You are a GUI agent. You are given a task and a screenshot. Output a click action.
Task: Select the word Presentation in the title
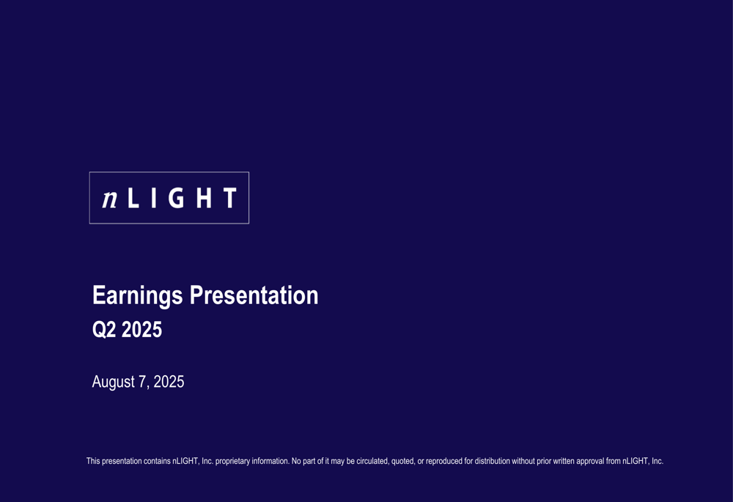tap(254, 295)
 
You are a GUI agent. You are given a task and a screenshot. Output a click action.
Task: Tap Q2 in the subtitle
tap(104, 331)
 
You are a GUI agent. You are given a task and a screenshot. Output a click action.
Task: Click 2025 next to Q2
tap(142, 331)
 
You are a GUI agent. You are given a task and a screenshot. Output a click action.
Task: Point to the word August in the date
tap(114, 383)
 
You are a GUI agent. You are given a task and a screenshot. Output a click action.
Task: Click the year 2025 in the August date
tap(169, 382)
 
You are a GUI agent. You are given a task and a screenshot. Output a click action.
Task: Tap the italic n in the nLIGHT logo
tap(110, 198)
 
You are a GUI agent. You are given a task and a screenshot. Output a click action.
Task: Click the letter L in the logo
tap(133, 198)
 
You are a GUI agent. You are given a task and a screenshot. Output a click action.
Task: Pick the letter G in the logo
tap(177, 198)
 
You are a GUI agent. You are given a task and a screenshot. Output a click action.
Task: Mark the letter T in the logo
tap(230, 198)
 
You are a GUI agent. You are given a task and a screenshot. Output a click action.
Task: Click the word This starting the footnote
tap(93, 462)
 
